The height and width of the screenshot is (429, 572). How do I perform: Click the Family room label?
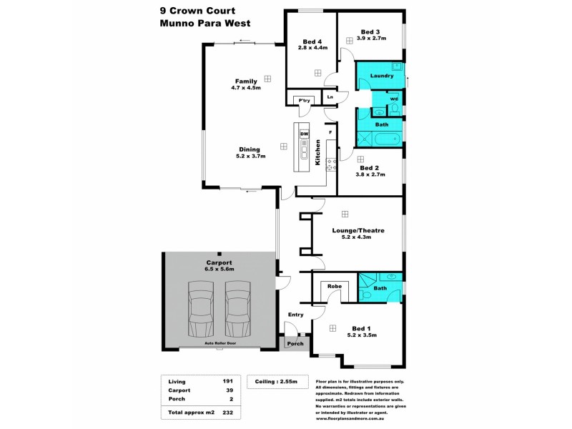(x=246, y=81)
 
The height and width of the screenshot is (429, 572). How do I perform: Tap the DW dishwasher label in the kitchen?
(x=303, y=134)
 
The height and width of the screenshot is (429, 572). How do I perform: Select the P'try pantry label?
(x=305, y=100)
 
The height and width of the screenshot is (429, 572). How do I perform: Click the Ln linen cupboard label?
(x=330, y=97)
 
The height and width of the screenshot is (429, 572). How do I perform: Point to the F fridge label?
(x=330, y=132)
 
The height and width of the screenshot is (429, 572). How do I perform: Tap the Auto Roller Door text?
(x=220, y=344)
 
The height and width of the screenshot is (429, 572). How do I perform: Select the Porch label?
(x=295, y=344)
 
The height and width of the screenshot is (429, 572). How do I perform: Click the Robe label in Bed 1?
(x=334, y=286)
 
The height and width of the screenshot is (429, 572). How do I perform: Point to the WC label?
(x=394, y=99)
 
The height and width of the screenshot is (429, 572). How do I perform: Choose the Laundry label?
(x=382, y=75)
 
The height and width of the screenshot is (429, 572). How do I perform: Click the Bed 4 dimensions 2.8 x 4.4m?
(x=312, y=48)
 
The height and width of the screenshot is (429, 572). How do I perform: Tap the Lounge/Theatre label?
(x=359, y=230)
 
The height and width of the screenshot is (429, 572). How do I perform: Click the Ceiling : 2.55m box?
(x=277, y=382)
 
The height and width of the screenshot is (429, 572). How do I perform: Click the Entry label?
(x=295, y=315)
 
